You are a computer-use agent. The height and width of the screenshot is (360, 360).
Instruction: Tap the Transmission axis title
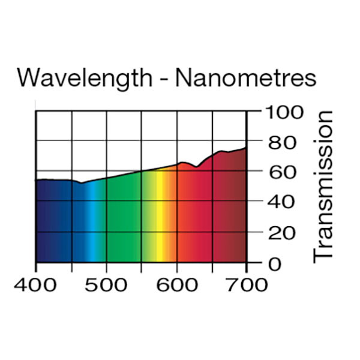click(324, 186)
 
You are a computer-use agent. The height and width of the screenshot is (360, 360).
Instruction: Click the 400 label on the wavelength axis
click(37, 283)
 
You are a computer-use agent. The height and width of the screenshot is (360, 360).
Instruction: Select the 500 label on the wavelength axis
click(107, 283)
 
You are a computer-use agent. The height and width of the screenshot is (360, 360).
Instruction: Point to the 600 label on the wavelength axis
click(177, 283)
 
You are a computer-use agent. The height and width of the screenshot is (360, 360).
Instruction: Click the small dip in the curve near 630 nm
click(196, 167)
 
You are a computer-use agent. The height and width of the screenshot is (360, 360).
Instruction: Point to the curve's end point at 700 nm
click(246, 148)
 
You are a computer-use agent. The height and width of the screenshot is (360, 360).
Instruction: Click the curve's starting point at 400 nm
click(37, 180)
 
